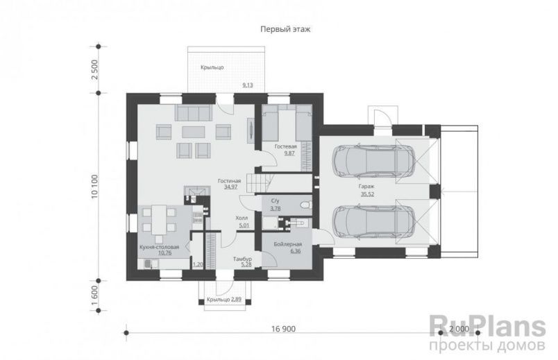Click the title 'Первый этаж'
point(285,29)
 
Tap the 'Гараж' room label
point(366,187)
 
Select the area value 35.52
point(367,195)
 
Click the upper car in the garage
point(373,160)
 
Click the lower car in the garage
point(373,221)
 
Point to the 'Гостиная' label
point(230,181)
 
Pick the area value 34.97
point(230,187)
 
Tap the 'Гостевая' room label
point(285,146)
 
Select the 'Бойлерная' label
point(288,244)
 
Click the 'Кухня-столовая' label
point(159,247)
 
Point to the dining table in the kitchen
point(159,220)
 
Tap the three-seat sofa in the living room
point(193,113)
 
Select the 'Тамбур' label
point(242,259)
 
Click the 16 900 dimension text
point(284,329)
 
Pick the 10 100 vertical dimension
point(94,187)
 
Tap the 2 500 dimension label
point(94,70)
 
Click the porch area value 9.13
point(248,85)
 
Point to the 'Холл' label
point(242,218)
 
